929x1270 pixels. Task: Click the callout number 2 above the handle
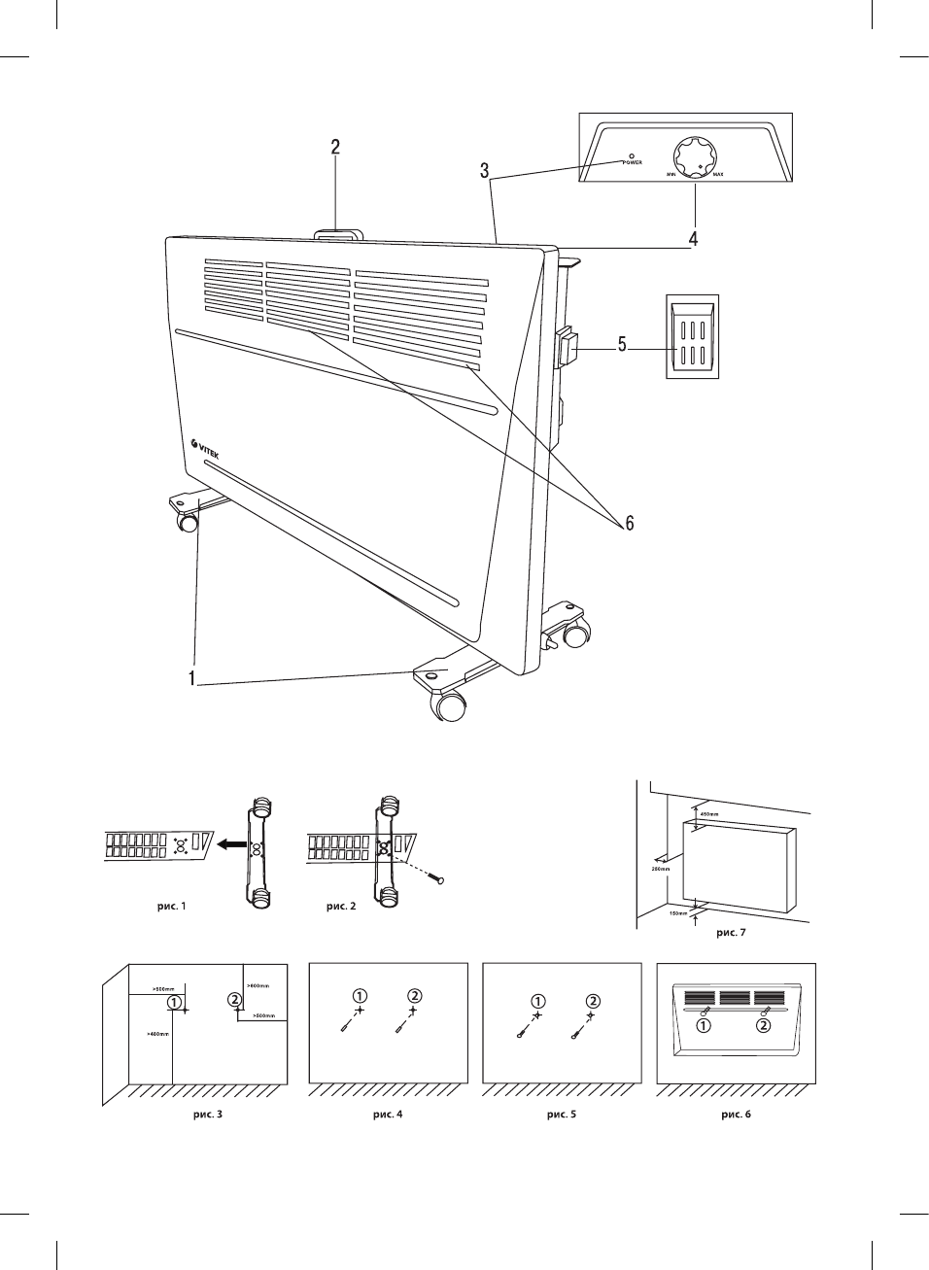pyautogui.click(x=335, y=148)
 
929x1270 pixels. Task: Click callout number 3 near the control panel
pyautogui.click(x=484, y=172)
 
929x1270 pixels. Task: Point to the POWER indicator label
pyautogui.click(x=633, y=162)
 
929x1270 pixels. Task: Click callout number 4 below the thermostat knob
pyautogui.click(x=693, y=237)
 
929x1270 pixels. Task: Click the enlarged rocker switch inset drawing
pyautogui.click(x=691, y=335)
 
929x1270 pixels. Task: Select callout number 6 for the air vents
pyautogui.click(x=629, y=524)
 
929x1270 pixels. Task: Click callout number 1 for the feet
pyautogui.click(x=193, y=677)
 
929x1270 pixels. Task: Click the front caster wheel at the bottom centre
pyautogui.click(x=450, y=706)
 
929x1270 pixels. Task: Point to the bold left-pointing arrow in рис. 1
pyautogui.click(x=229, y=845)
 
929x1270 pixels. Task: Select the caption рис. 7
pyautogui.click(x=731, y=933)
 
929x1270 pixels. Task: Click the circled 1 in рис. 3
pyautogui.click(x=173, y=1001)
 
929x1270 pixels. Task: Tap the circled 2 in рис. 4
pyautogui.click(x=415, y=995)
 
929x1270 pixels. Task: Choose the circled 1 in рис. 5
pyautogui.click(x=538, y=1001)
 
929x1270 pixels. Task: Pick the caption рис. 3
pyautogui.click(x=207, y=1114)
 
